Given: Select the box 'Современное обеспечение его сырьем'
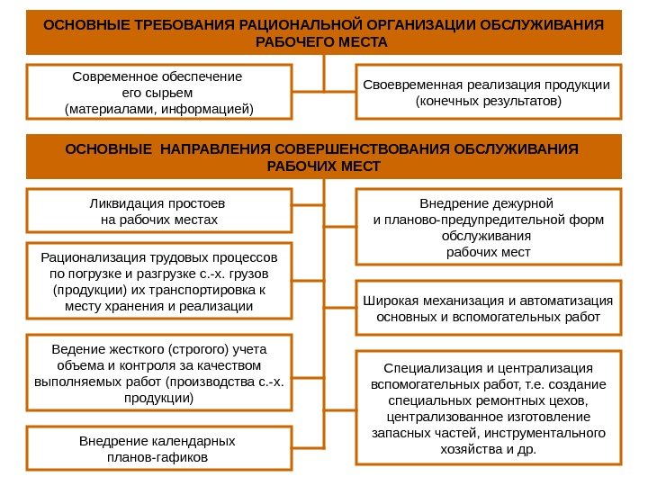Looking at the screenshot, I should (x=160, y=92).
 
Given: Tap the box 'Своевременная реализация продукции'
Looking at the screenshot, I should (x=487, y=92).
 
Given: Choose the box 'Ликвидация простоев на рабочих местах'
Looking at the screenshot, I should (x=160, y=211).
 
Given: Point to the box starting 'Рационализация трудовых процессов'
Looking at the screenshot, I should (x=160, y=281).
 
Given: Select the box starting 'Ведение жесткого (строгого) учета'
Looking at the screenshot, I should (x=160, y=373).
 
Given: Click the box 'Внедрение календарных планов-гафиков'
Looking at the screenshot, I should (x=160, y=448).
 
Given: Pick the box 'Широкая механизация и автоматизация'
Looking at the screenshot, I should (x=487, y=308).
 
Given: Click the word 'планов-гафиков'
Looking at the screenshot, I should (x=157, y=457).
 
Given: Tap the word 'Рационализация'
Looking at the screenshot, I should (x=86, y=257).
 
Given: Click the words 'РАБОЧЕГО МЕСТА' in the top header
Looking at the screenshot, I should (x=322, y=42).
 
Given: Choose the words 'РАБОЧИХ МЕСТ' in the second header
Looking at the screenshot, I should (x=325, y=166).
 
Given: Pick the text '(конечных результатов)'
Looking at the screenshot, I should (x=487, y=102).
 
